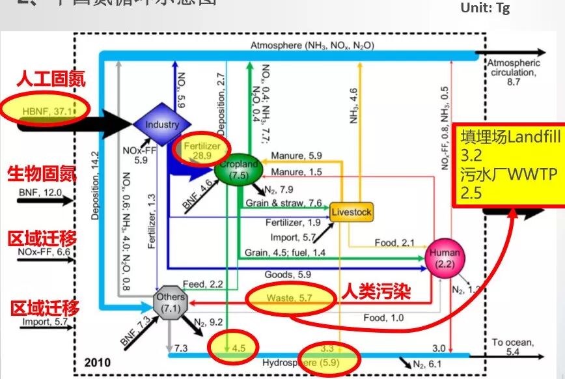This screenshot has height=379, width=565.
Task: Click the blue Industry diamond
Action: tap(162, 124)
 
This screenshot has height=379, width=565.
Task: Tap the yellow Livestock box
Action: tap(351, 212)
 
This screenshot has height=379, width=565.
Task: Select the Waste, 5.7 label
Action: tap(285, 298)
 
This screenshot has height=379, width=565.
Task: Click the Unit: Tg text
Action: tap(485, 8)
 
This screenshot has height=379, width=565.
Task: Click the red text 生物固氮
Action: tap(42, 175)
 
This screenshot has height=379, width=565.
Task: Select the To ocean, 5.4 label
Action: tap(515, 346)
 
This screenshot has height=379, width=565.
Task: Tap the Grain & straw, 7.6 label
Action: tap(284, 203)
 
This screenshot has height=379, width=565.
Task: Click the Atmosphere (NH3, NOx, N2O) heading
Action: tap(312, 46)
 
